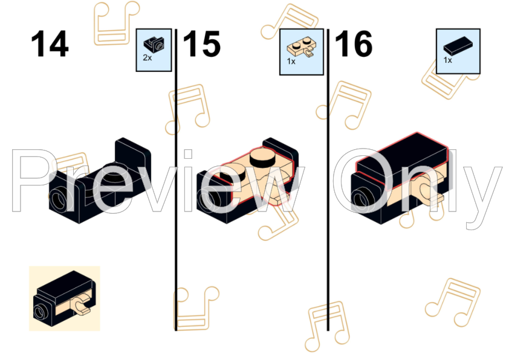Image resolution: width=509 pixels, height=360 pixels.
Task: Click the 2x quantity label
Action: pyautogui.click(x=147, y=58)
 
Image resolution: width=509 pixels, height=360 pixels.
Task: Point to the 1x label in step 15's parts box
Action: pyautogui.click(x=291, y=61)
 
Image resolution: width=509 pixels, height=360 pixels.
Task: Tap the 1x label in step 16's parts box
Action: pyautogui.click(x=448, y=60)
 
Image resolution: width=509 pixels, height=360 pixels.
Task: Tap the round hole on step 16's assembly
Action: pyautogui.click(x=363, y=199)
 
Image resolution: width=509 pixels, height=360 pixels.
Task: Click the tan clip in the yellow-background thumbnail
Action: pyautogui.click(x=82, y=305)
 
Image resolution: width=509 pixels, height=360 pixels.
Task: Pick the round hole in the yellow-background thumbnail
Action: pyautogui.click(x=41, y=312)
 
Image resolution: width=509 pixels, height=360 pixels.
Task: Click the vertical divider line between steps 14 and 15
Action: pyautogui.click(x=176, y=179)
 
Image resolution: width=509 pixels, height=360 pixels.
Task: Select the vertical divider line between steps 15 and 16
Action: pyautogui.click(x=328, y=179)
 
